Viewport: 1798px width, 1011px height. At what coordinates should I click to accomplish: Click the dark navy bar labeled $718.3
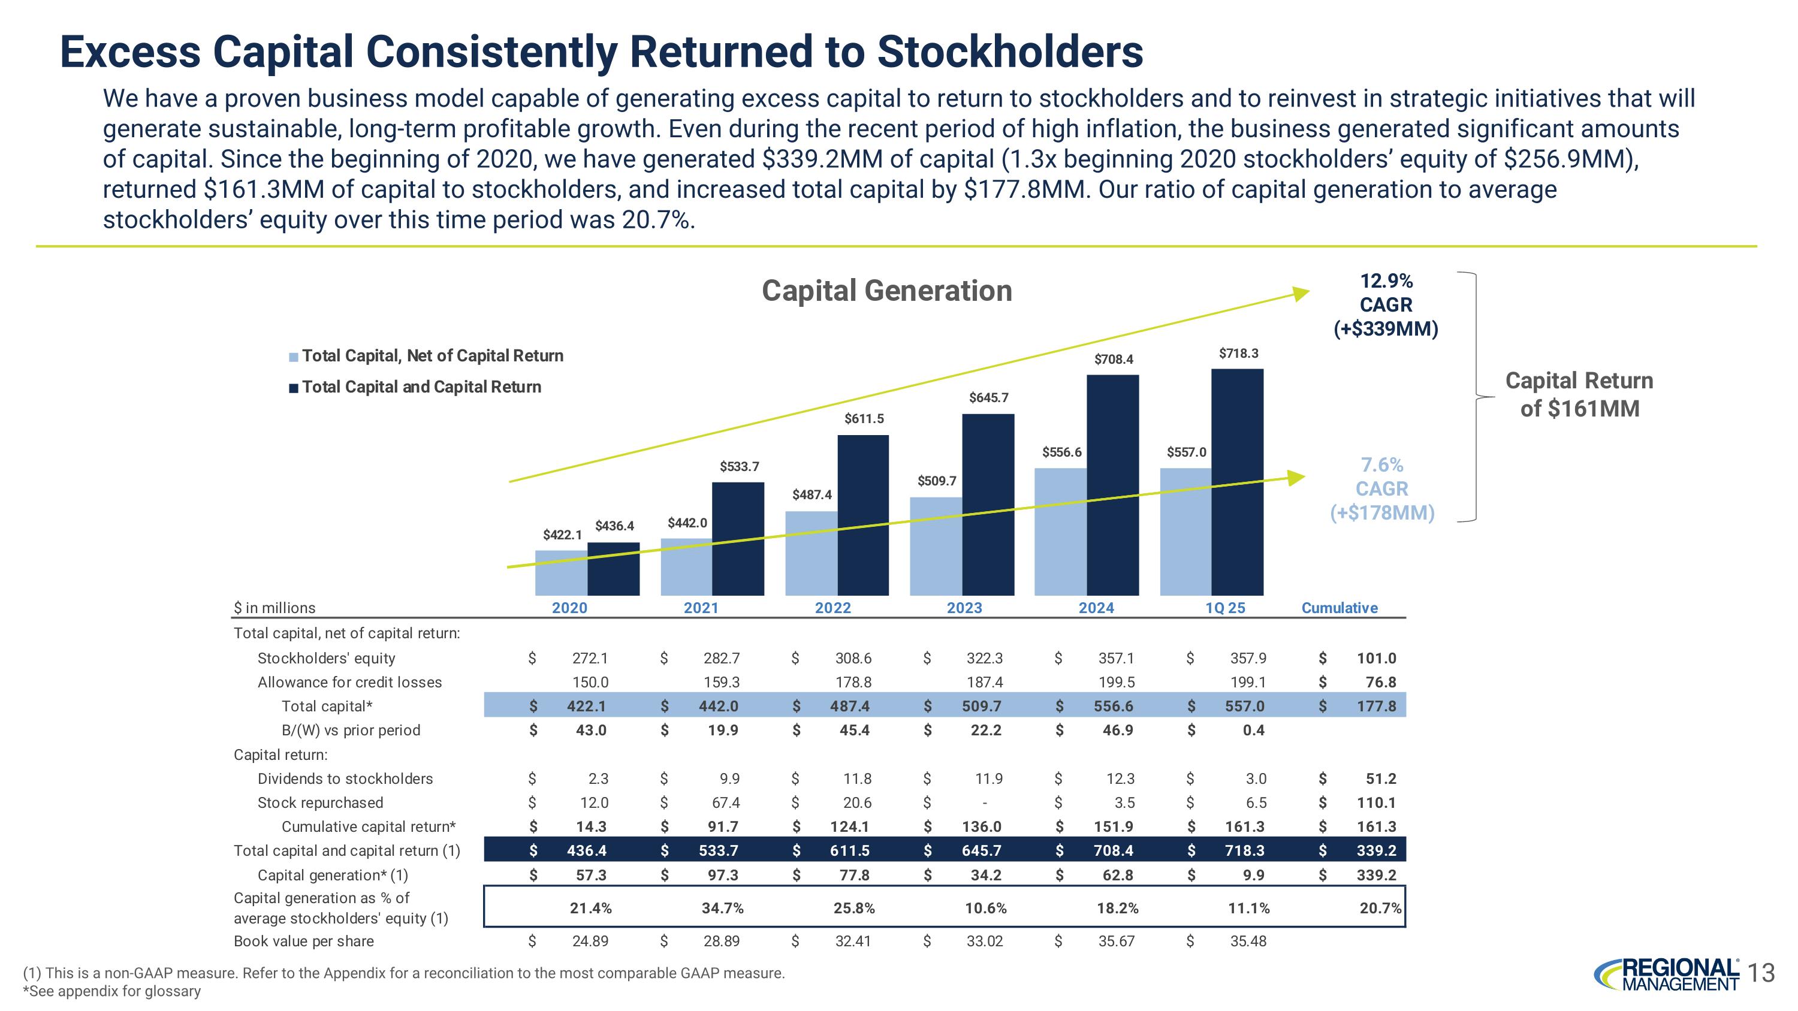click(1237, 481)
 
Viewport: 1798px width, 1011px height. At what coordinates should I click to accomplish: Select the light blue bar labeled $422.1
click(561, 573)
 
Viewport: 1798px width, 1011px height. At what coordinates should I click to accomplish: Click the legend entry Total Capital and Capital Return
click(421, 387)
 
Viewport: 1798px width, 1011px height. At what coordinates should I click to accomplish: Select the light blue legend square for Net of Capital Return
click(294, 357)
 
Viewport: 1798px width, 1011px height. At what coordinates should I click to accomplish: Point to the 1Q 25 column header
click(1225, 608)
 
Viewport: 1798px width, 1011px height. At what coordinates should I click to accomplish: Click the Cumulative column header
click(1340, 608)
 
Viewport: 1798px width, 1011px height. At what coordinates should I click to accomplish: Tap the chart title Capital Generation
click(886, 291)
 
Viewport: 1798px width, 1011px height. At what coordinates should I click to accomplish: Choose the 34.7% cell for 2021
click(722, 908)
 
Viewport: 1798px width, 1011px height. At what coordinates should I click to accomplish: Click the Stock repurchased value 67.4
click(725, 802)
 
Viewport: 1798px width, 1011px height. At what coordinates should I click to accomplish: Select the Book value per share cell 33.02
click(984, 940)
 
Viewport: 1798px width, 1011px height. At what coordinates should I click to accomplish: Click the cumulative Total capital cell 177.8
click(1375, 706)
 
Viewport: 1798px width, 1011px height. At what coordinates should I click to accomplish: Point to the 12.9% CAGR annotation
click(1386, 305)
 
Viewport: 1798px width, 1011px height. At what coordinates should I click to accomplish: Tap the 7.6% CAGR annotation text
click(1381, 488)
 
